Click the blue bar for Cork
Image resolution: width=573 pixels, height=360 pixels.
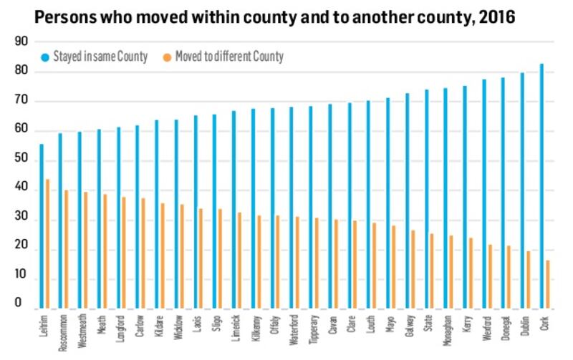[541, 186]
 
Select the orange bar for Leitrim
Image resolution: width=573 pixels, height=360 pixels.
[47, 244]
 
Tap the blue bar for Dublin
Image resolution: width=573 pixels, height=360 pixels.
[522, 191]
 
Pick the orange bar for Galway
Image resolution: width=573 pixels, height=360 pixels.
[413, 270]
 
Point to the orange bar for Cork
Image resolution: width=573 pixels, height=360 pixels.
[548, 285]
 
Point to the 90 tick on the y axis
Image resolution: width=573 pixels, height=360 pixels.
[21, 42]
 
